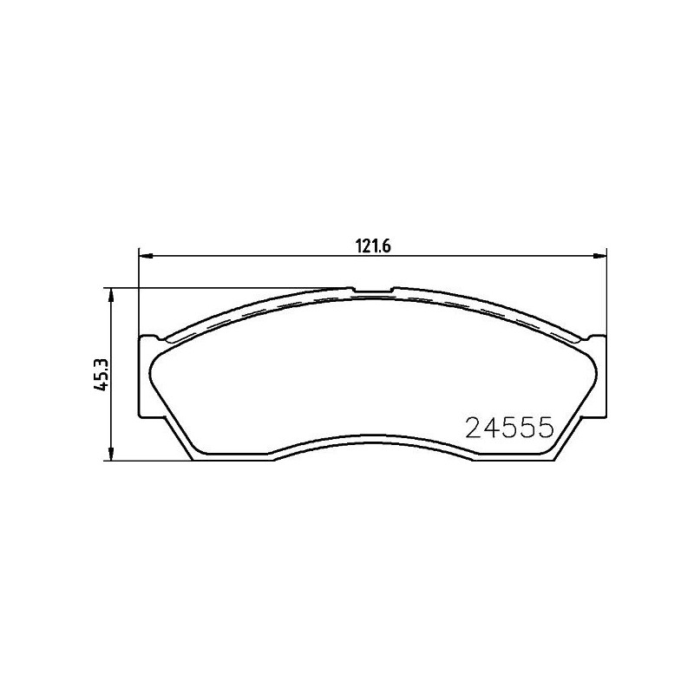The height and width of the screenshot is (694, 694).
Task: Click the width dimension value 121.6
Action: pyautogui.click(x=371, y=246)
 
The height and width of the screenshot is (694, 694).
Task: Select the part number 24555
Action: pyautogui.click(x=510, y=428)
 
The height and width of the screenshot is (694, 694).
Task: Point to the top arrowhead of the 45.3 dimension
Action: pyautogui.click(x=111, y=295)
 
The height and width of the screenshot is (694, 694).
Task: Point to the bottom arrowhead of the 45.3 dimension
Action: pyautogui.click(x=111, y=455)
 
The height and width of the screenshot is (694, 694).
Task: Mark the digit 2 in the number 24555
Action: pyautogui.click(x=475, y=428)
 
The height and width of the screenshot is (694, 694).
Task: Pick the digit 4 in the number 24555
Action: pyautogui.click(x=494, y=428)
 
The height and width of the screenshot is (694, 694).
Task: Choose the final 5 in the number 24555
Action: pyautogui.click(x=545, y=428)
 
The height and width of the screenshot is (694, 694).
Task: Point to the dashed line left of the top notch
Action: pyautogui.click(x=260, y=309)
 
